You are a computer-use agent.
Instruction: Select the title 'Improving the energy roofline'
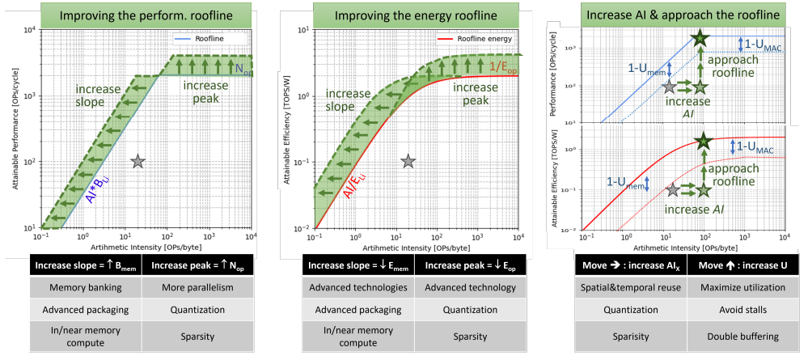(413, 14)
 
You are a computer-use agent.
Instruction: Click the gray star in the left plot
(138, 162)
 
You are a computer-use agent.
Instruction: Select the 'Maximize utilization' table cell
(741, 287)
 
